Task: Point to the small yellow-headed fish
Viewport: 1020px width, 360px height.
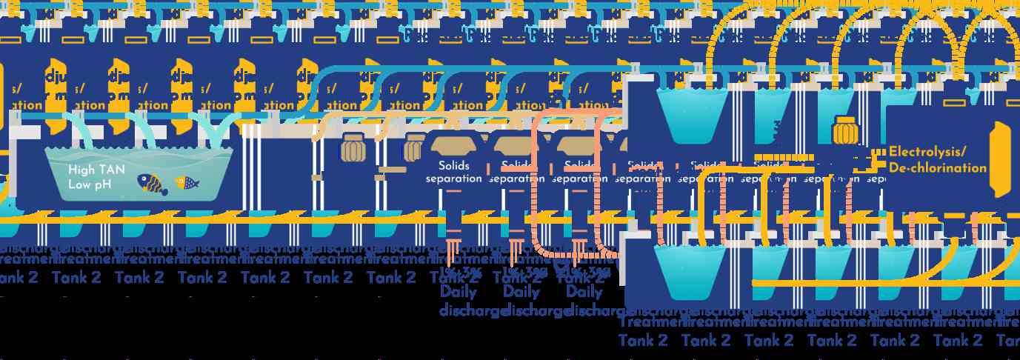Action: (x=186, y=182)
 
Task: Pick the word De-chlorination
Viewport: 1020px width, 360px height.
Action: (x=937, y=168)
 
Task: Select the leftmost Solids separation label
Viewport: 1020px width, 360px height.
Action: (x=454, y=172)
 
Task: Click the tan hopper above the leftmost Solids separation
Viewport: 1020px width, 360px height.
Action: (x=453, y=145)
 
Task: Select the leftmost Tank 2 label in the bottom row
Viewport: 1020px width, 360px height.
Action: (x=642, y=340)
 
